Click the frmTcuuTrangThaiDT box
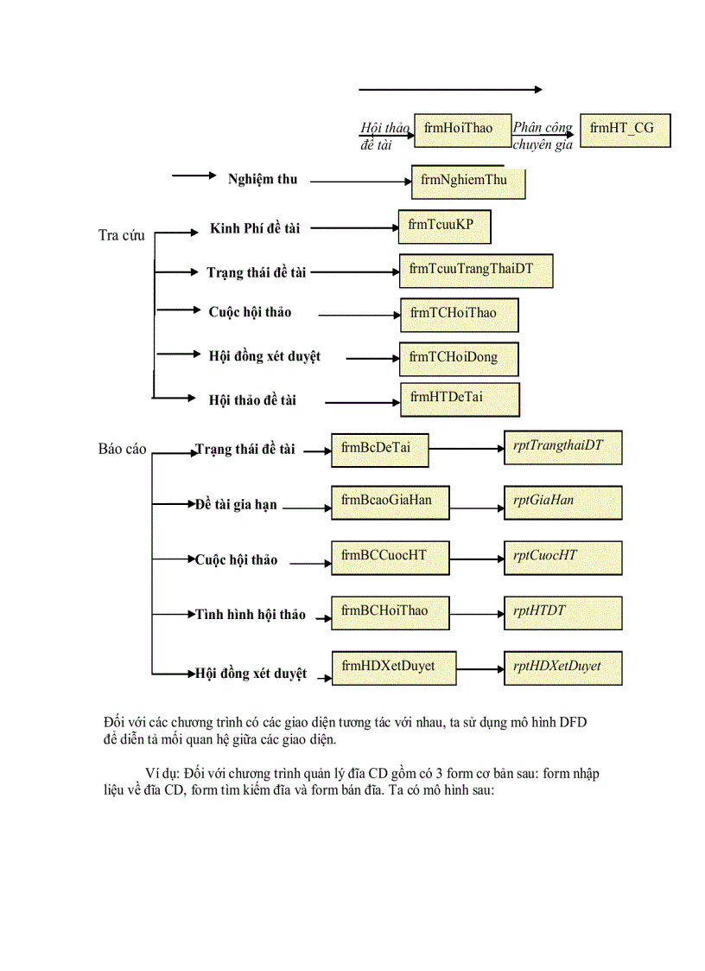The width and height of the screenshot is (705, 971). point(475,271)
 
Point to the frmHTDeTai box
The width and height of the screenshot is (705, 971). point(459,399)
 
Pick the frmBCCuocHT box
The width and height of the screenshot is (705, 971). point(390,558)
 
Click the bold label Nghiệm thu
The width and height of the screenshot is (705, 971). point(263,180)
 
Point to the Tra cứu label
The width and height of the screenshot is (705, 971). point(122,235)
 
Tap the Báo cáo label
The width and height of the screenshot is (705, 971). point(123,450)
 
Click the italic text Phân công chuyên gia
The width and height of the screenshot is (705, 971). point(543,137)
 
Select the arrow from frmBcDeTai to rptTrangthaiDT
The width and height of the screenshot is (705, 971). point(467,450)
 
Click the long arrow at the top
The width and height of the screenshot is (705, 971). point(450,89)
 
